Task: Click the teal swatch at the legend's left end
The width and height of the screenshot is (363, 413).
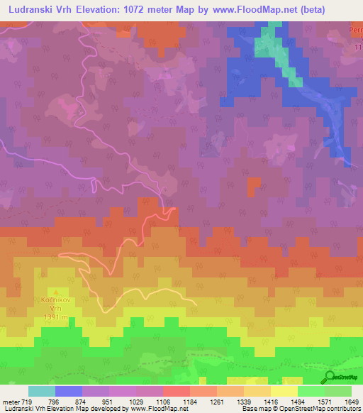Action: (x=41, y=391)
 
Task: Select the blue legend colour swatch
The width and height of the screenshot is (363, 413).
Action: (x=69, y=391)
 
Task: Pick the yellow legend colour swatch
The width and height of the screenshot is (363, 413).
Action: (x=284, y=391)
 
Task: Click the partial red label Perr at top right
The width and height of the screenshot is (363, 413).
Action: (x=355, y=31)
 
